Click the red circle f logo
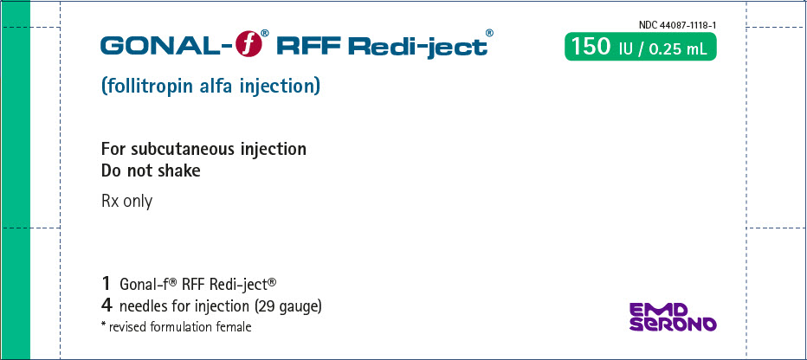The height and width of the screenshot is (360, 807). click(x=249, y=44)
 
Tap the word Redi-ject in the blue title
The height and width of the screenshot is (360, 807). click(x=417, y=47)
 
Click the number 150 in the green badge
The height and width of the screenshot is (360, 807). click(x=589, y=47)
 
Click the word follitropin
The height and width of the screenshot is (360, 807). click(x=148, y=86)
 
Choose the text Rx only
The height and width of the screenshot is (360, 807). click(x=126, y=201)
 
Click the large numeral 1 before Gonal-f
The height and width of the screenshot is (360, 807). click(x=107, y=282)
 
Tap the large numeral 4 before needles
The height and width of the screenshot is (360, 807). click(x=107, y=306)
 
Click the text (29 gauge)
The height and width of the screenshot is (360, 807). click(x=288, y=307)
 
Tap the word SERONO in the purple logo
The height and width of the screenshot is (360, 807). click(x=673, y=324)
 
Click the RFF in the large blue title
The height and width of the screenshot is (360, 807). click(x=308, y=46)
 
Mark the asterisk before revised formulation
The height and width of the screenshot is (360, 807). click(x=104, y=324)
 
